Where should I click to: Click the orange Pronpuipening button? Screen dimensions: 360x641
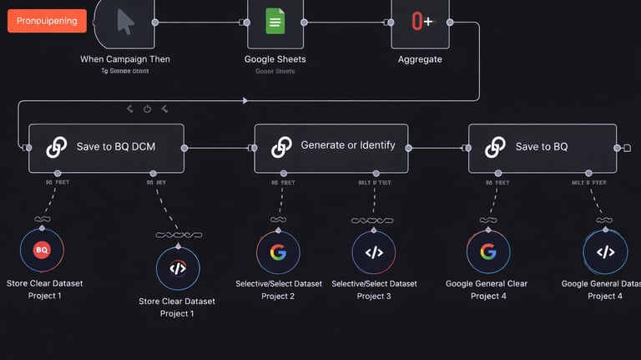pyautogui.click(x=47, y=21)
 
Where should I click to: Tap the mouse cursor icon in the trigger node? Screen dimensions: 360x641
pyautogui.click(x=124, y=21)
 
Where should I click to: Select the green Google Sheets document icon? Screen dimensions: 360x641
pyautogui.click(x=275, y=21)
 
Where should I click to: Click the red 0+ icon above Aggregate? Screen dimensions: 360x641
pyautogui.click(x=421, y=21)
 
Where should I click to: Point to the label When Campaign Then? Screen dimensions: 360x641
pyautogui.click(x=124, y=59)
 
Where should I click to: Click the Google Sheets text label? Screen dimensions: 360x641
pyautogui.click(x=275, y=59)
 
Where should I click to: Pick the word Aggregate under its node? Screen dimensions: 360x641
pyautogui.click(x=420, y=59)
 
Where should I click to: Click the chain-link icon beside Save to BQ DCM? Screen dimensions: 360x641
pyautogui.click(x=56, y=147)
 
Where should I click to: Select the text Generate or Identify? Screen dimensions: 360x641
pyautogui.click(x=347, y=145)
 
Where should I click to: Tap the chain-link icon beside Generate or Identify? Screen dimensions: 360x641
pyautogui.click(x=281, y=147)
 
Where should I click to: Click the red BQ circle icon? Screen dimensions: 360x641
pyautogui.click(x=42, y=249)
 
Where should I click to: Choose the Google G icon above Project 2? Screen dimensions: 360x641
pyautogui.click(x=278, y=251)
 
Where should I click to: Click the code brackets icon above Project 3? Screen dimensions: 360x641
pyautogui.click(x=373, y=251)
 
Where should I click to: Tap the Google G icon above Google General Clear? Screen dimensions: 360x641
pyautogui.click(x=488, y=251)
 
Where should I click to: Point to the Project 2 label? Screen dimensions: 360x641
pyautogui.click(x=278, y=296)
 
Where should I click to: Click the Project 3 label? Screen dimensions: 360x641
pyautogui.click(x=373, y=296)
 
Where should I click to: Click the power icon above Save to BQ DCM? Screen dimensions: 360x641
pyautogui.click(x=148, y=109)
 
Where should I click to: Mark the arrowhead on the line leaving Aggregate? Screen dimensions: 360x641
pyautogui.click(x=245, y=101)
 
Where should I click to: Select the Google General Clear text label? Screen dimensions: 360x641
pyautogui.click(x=487, y=284)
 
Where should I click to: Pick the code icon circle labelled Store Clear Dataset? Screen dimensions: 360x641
pyautogui.click(x=177, y=268)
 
